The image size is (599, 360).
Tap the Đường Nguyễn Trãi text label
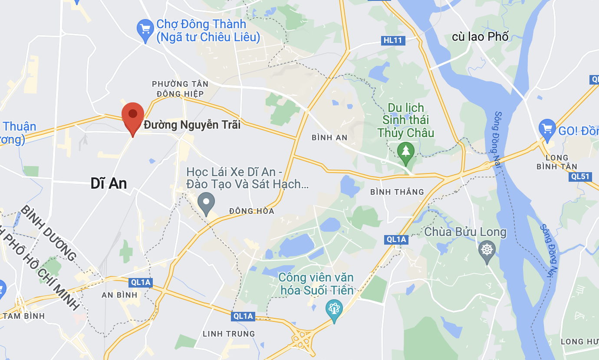coord(192,125)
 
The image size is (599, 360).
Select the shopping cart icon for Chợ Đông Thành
coord(145,29)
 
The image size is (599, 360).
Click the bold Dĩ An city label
coord(109,183)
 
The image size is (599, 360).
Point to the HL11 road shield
coord(393,40)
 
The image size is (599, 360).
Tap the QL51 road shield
coord(580,176)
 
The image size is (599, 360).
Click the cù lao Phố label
coord(480,36)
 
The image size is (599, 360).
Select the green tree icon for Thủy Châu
coord(406,151)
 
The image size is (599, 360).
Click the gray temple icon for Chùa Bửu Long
coord(487,250)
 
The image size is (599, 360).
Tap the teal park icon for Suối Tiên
coord(334,309)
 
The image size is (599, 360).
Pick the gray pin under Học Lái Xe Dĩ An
coord(206,202)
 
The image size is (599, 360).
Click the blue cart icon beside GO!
coord(547,128)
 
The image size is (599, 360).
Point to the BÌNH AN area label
coord(329,137)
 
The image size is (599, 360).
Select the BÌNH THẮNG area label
coord(397,192)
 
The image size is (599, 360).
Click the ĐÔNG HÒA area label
coord(252,211)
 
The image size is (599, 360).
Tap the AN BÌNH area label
coord(119,295)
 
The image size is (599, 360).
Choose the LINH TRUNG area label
coord(229,334)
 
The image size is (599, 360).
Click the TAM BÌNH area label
coord(23,316)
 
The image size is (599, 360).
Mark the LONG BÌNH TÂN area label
coord(557,162)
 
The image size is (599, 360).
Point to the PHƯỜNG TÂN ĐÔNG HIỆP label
coord(180,88)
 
